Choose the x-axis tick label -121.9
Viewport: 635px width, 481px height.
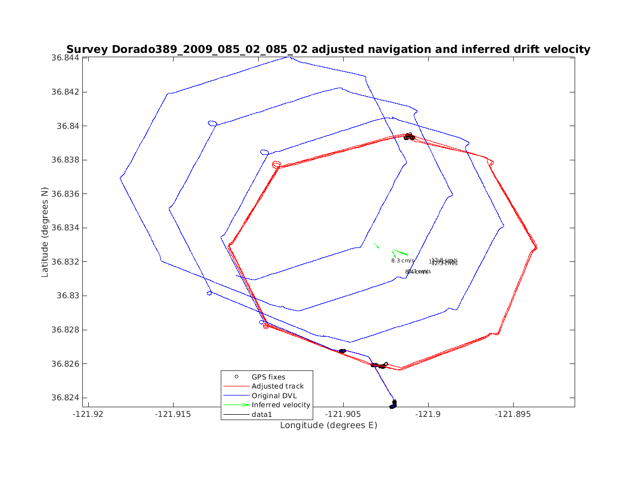point(428,414)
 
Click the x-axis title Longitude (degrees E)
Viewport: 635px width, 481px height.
point(329,425)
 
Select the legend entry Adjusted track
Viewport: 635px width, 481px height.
point(277,386)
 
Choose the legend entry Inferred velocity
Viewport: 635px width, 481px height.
point(281,405)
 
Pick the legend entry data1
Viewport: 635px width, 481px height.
point(262,414)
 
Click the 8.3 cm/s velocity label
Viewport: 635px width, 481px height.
point(402,261)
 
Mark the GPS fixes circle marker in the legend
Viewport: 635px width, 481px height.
point(236,377)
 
